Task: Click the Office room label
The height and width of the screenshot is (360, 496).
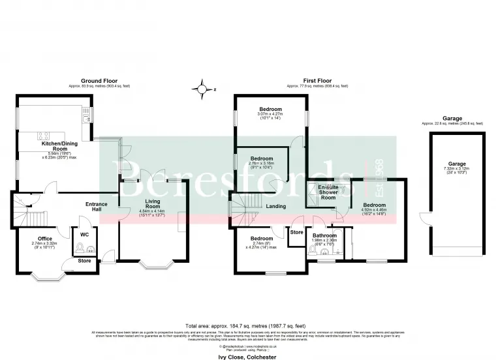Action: pyautogui.click(x=44, y=239)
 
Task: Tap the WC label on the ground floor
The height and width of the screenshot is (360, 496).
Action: pyautogui.click(x=84, y=233)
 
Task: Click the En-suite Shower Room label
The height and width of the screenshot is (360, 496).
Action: pyautogui.click(x=328, y=192)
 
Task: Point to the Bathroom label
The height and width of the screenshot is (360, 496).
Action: pyautogui.click(x=324, y=235)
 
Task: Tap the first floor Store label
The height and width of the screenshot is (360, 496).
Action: pyautogui.click(x=296, y=232)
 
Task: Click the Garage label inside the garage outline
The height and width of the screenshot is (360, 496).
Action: pyautogui.click(x=457, y=165)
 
